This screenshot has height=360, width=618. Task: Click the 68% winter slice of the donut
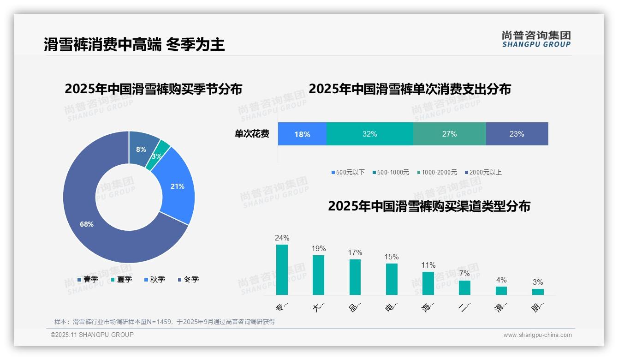88,224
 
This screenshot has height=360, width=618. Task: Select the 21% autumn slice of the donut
177,186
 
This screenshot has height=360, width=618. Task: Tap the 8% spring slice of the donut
142,149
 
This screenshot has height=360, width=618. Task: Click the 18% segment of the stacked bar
302,134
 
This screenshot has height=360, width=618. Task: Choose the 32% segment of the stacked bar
369,134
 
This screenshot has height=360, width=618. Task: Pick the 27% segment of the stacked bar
449,134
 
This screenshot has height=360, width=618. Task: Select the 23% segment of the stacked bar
517,134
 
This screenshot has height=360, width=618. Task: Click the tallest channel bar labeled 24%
282,270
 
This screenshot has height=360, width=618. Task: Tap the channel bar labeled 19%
318,275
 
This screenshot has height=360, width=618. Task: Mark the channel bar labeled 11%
428,283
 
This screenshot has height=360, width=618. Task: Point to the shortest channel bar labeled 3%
538,292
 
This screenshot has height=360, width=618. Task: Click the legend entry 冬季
188,279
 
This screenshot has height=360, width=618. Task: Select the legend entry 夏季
121,279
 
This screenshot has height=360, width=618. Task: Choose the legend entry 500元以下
348,172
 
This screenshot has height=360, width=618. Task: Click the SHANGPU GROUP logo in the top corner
536,39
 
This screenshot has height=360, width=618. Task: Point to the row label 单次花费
252,134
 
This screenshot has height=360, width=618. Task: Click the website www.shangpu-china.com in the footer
537,335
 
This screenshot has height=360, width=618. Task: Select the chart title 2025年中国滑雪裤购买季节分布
154,89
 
